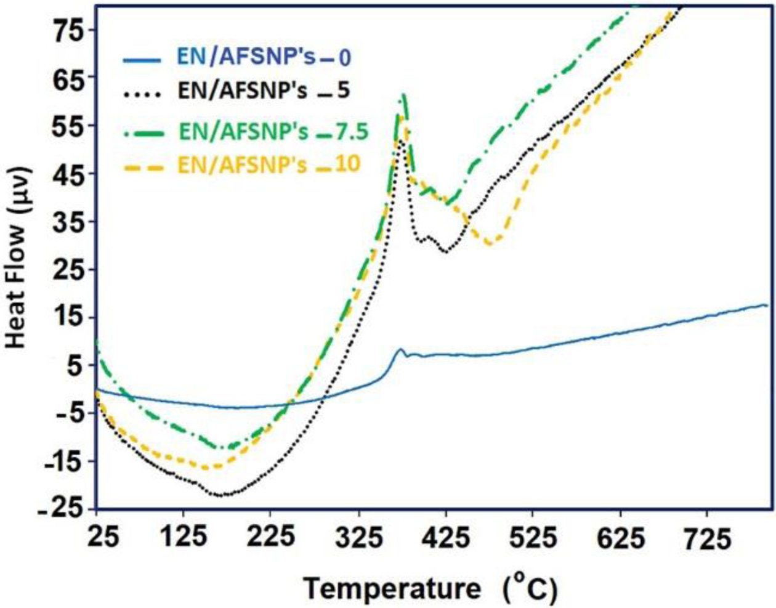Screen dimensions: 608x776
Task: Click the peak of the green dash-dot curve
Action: [403, 95]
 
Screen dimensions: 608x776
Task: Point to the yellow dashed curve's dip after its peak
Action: [490, 243]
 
